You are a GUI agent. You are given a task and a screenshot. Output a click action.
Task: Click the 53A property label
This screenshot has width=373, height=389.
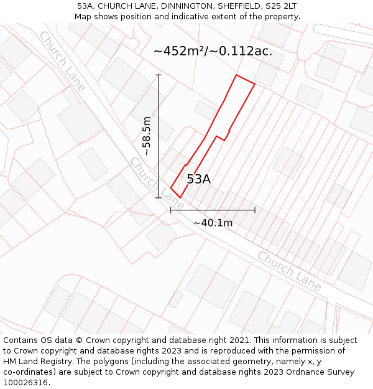[198, 179]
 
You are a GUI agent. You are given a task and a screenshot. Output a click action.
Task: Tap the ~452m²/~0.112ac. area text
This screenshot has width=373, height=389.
[213, 51]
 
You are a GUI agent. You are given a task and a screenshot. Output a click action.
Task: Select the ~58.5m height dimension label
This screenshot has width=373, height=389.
[147, 136]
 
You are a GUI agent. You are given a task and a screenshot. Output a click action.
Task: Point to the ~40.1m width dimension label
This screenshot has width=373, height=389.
[213, 223]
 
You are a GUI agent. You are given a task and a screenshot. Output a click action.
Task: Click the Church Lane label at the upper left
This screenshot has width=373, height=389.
[62, 60]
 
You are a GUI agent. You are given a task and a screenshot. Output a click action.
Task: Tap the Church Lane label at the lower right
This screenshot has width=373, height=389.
[290, 271]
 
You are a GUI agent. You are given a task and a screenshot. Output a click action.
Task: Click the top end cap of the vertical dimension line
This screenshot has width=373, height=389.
[159, 75]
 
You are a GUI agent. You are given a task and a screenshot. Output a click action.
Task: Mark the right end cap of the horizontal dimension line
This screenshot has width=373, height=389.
[255, 210]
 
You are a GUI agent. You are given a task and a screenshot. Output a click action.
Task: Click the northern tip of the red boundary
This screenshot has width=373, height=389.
[236, 75]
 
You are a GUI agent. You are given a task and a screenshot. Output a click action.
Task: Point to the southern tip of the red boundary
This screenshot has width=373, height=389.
[180, 198]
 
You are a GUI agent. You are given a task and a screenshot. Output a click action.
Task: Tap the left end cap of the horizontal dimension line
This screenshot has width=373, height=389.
[171, 210]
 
